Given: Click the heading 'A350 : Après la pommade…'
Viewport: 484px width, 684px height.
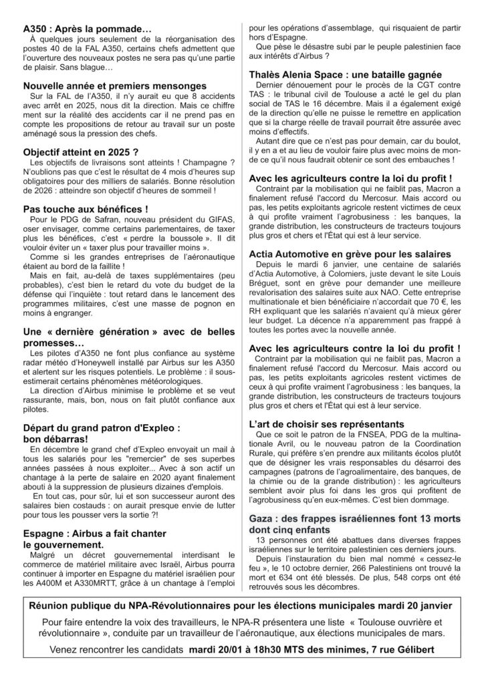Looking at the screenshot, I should pos(88,30).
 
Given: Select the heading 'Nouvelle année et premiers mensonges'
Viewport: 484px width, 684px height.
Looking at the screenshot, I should pos(114,86).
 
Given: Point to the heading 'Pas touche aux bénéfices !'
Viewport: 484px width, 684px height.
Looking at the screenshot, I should pos(86,209).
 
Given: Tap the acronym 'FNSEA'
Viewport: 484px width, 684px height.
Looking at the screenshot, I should pos(350,436).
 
